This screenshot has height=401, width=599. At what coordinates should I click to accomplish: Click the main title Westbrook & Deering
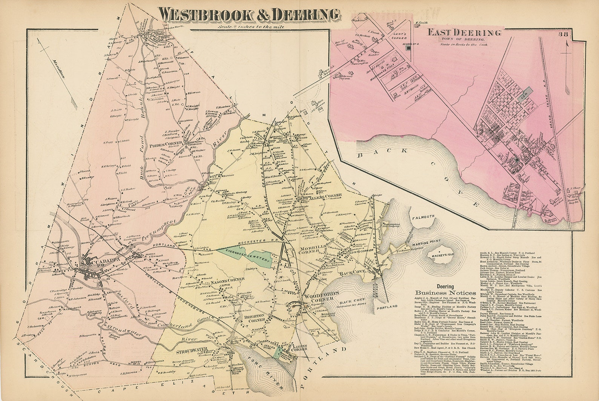249,14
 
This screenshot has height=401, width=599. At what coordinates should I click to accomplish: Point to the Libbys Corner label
300,347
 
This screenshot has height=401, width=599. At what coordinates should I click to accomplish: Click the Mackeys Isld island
441,257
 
